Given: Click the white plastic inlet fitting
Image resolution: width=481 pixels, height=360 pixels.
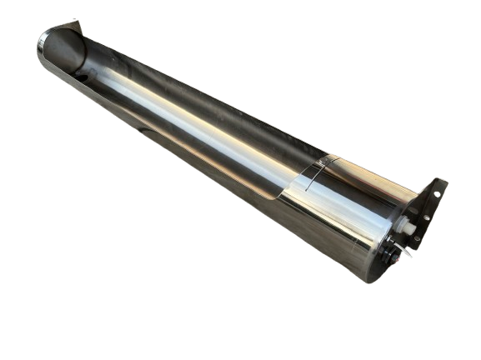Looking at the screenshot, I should (x=408, y=227).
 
